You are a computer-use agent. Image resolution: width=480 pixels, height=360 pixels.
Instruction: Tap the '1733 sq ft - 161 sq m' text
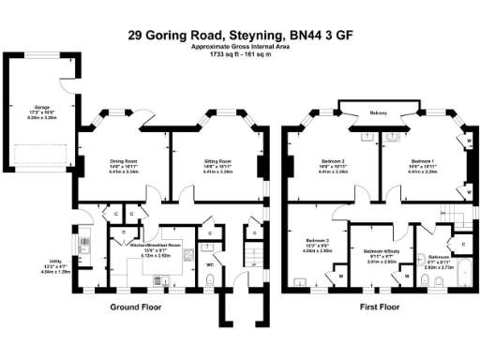pos(239,54)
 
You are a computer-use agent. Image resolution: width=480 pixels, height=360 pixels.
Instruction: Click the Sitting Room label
pos(217,160)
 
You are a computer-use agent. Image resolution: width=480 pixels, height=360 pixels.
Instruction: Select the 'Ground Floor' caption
pos(132,307)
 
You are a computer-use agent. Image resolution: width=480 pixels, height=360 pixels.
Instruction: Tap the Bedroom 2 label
pos(335,160)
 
